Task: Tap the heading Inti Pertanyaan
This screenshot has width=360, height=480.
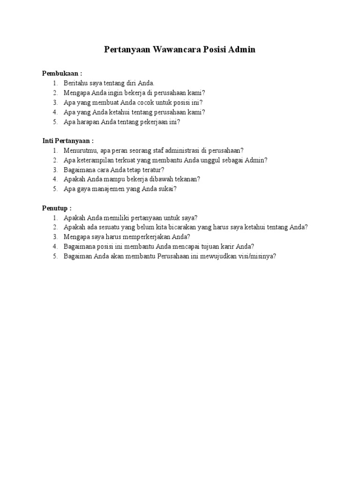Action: (68, 141)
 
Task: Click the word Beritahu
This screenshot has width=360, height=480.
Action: (76, 83)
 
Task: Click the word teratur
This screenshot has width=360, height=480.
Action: (153, 170)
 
